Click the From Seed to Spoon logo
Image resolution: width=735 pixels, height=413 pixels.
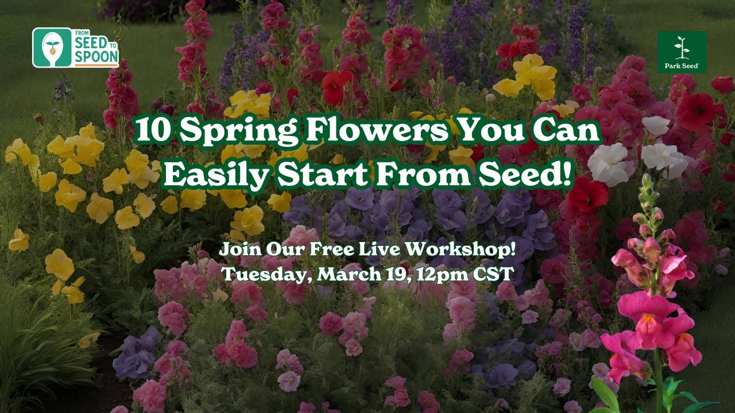75,48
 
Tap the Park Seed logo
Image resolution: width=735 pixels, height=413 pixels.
682,52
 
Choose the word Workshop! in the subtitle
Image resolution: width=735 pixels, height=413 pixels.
460,249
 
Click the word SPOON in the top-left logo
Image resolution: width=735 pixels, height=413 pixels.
96,56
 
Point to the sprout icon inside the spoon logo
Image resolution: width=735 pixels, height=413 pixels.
52,46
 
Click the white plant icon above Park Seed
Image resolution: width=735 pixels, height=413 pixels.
682,48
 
